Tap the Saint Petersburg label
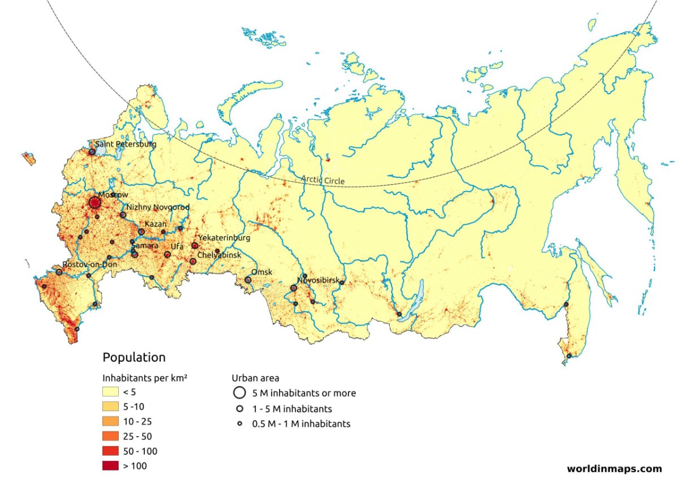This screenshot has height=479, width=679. click(125, 144)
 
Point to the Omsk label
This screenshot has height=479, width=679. click(262, 272)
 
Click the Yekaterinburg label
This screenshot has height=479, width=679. click(224, 238)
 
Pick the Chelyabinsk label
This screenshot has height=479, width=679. click(219, 255)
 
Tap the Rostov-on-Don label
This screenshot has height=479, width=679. click(89, 264)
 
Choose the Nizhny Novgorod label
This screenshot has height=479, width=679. click(158, 207)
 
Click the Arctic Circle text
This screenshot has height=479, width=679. click(323, 180)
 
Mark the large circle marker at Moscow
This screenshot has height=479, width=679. click(95, 202)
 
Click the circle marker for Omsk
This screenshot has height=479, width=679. click(248, 280)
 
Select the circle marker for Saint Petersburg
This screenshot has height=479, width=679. click(92, 151)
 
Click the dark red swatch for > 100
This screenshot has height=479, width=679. click(110, 465)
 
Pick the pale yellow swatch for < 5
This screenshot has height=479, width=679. click(110, 392)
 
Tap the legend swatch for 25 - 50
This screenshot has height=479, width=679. click(110, 436)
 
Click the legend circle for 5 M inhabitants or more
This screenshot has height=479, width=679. click(239, 393)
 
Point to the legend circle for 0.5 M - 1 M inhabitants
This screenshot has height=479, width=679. click(239, 424)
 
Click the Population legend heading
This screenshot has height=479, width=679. click(134, 358)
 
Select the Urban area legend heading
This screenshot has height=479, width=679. click(255, 378)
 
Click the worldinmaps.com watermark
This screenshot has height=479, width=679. click(614, 468)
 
